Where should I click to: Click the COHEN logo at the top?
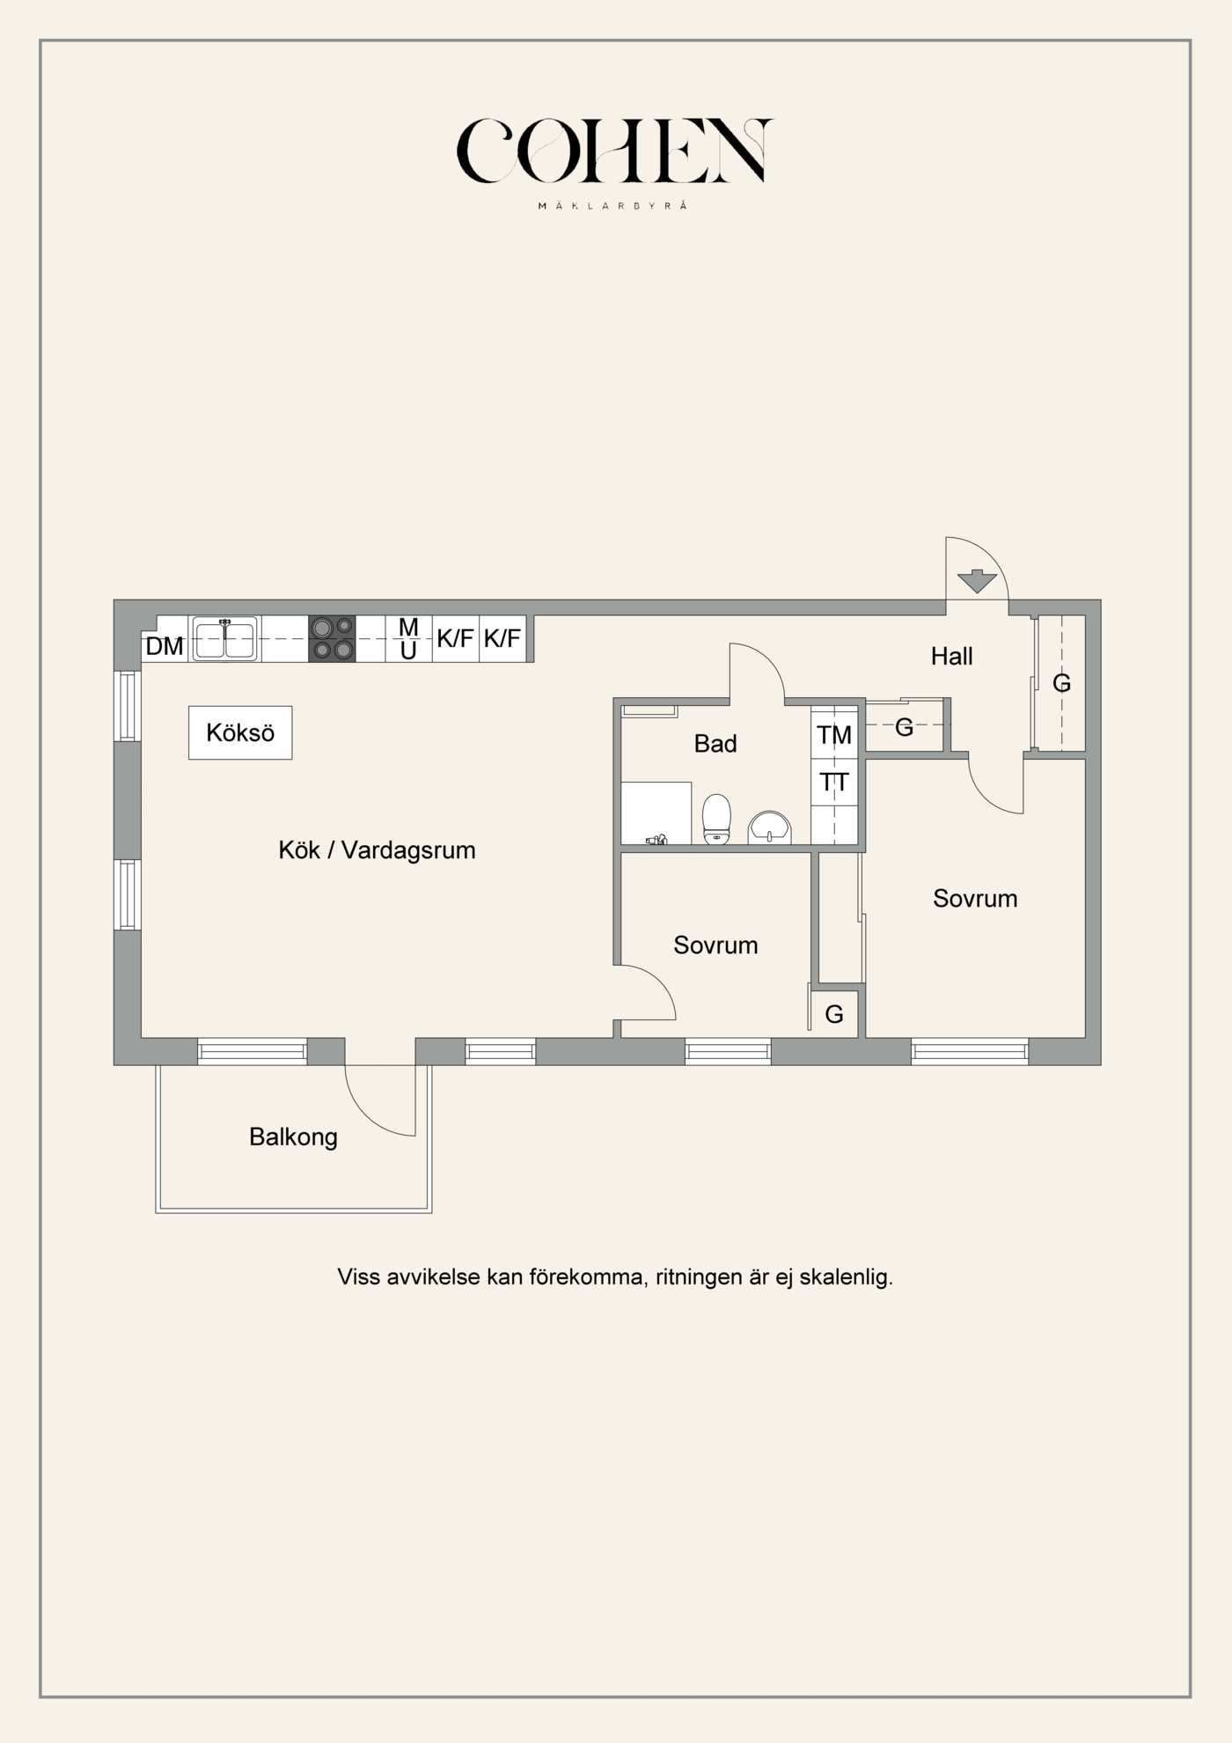pos(614,151)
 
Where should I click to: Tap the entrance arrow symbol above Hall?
pos(976,581)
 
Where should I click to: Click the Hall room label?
pos(951,656)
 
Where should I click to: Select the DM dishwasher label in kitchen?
pos(165,646)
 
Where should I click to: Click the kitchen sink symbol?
pos(225,638)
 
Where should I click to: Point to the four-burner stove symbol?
pos(332,638)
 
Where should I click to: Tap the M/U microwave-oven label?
pos(408,638)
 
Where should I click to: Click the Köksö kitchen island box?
pos(240,732)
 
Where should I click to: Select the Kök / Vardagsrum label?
pos(377,849)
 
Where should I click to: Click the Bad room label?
pos(715,744)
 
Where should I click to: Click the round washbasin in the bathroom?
pos(770,828)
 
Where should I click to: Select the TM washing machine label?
pos(834,734)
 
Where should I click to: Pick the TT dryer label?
pos(834,782)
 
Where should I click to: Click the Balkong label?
pos(293,1136)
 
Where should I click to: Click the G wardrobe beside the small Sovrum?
pos(834,1014)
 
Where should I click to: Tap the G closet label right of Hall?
pos(1061,683)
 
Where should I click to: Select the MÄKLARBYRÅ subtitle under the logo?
pos(612,206)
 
